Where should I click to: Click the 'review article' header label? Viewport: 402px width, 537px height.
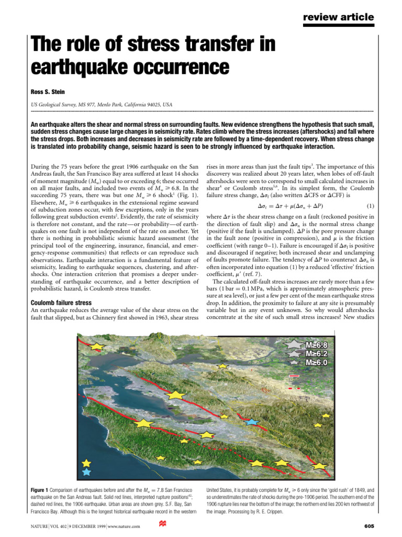(339, 17)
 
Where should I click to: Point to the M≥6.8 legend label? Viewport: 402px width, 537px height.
(317, 345)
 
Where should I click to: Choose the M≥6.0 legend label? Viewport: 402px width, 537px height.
(317, 362)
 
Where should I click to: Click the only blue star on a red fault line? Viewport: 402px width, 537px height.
(252, 422)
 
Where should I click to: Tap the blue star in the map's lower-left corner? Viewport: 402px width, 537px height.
(87, 472)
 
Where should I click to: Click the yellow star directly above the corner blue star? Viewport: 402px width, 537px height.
(87, 463)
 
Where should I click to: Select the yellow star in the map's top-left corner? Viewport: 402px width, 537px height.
(96, 347)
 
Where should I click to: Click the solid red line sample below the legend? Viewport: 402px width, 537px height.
(294, 376)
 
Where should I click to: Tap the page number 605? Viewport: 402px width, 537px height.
(367, 526)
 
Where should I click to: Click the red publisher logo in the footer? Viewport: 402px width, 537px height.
(161, 525)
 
